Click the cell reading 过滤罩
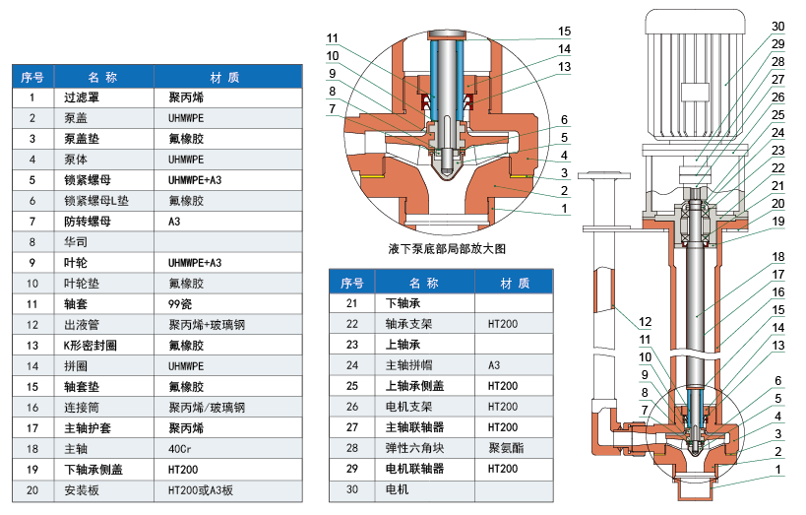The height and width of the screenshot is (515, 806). pos(84,98)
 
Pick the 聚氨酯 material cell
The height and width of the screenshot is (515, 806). pos(506,448)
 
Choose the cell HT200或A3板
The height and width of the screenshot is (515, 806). pos(201,489)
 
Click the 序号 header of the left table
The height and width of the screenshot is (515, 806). pos(32,77)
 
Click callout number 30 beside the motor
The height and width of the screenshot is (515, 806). pos(776,27)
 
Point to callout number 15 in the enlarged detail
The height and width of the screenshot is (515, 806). pos(564,31)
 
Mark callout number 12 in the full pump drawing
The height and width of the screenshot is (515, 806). pos(645,322)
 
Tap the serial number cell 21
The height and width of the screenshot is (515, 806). pos(352,303)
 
